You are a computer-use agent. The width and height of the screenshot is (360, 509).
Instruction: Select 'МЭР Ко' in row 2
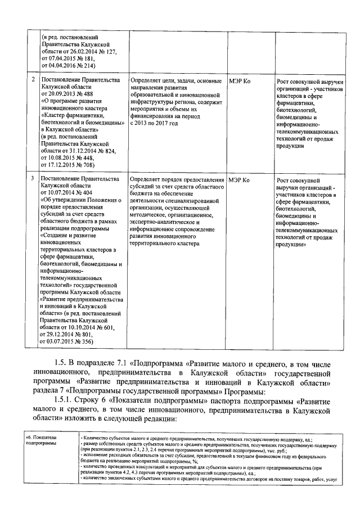pos(240,81)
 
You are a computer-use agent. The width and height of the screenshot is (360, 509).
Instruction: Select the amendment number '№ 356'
pos(85,340)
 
